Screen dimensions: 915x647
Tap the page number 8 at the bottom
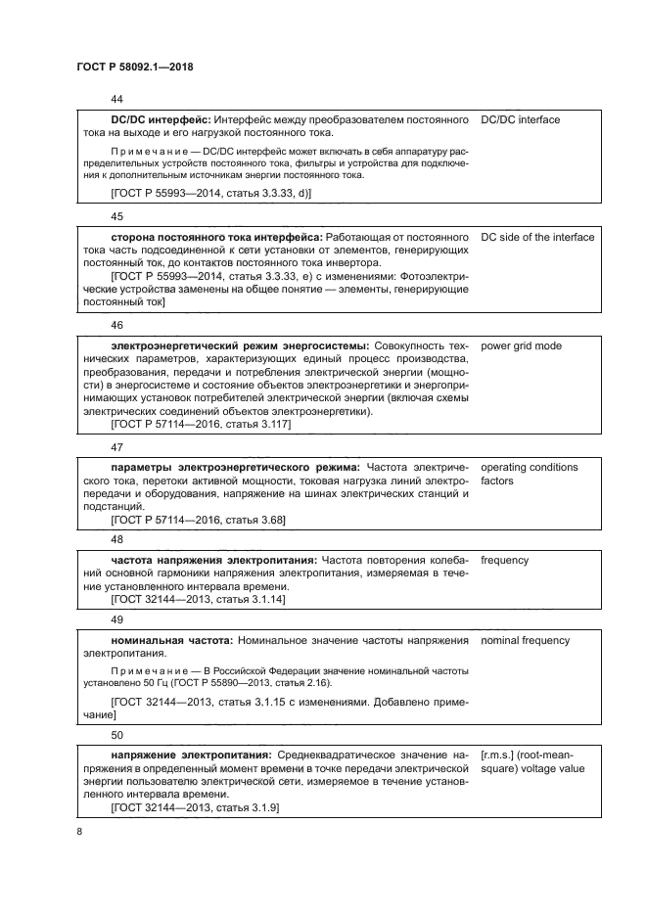pyautogui.click(x=80, y=832)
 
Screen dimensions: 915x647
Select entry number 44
pyautogui.click(x=117, y=99)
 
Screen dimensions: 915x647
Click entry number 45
pyautogui.click(x=117, y=216)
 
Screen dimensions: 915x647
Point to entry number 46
pyautogui.click(x=117, y=324)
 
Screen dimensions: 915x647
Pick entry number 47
pyautogui.click(x=117, y=447)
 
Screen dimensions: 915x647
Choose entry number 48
pyautogui.click(x=117, y=539)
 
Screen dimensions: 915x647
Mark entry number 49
pyautogui.click(x=117, y=619)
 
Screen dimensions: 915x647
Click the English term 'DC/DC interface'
pyautogui.click(x=521, y=119)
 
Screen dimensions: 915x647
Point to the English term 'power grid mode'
pyautogui.click(x=521, y=345)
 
